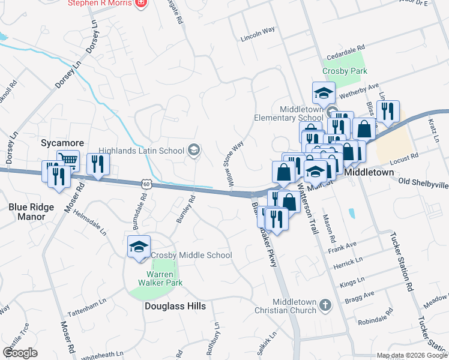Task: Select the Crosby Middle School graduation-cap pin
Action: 139,247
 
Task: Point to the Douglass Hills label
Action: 175,306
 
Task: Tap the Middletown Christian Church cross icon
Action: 325,305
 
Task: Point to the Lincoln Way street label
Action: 258,33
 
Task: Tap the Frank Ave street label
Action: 342,245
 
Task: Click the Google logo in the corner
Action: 20,353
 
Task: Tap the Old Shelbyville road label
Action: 423,183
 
